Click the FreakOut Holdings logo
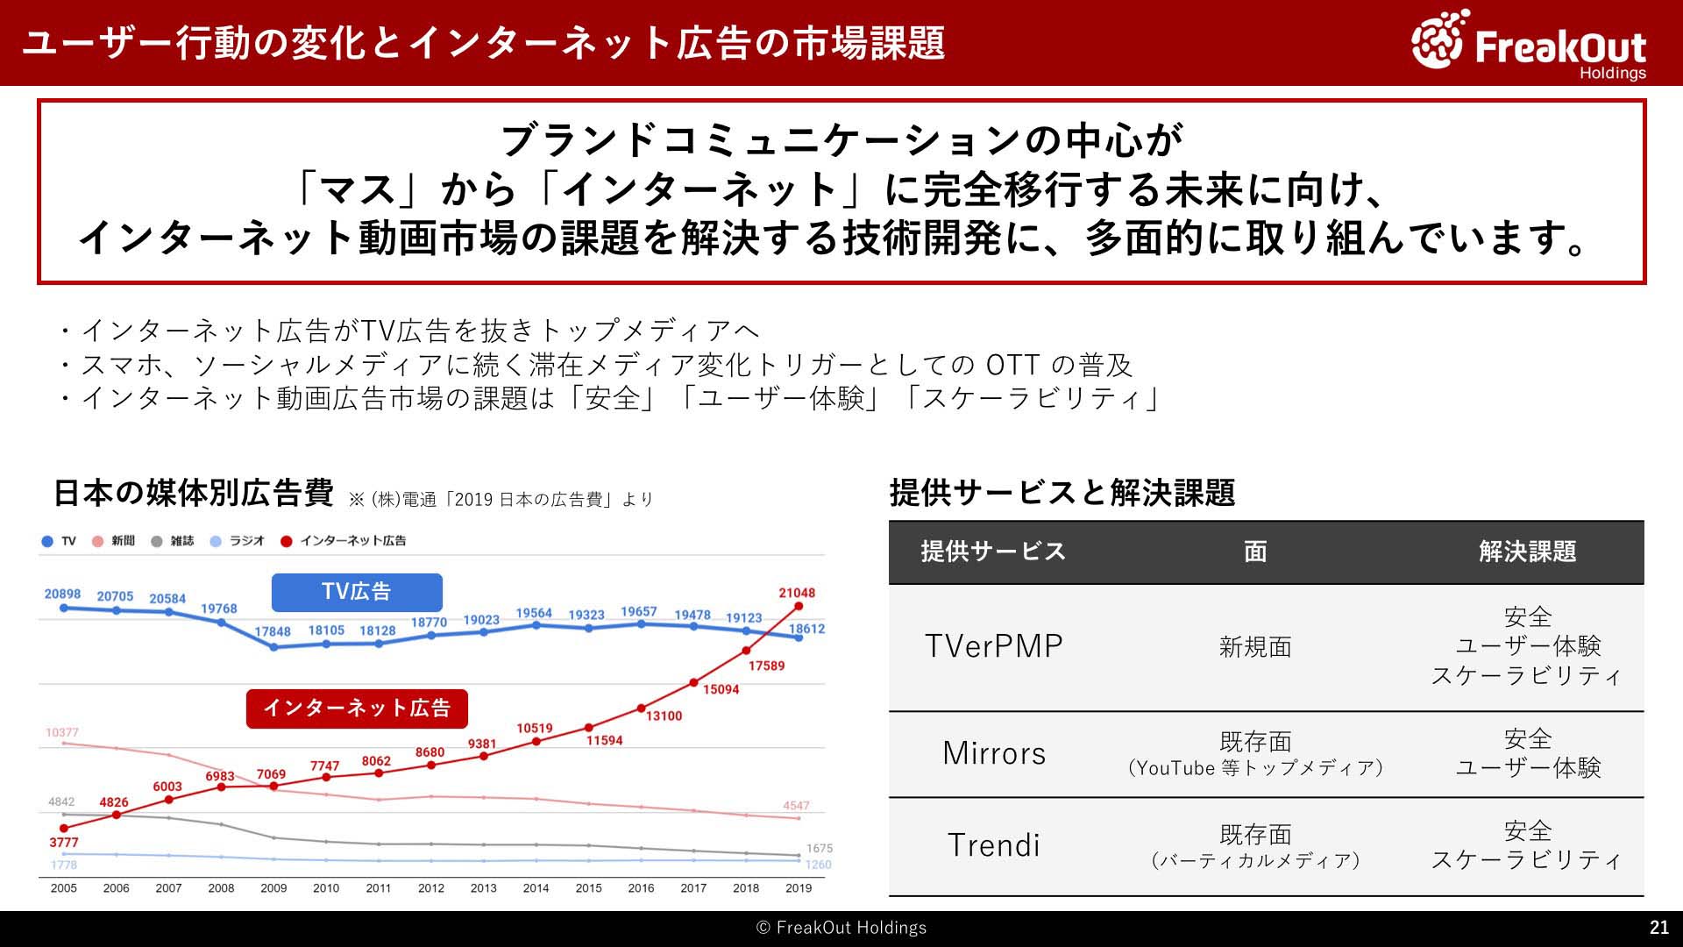click(1529, 44)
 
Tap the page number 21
click(1658, 928)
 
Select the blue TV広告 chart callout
click(357, 592)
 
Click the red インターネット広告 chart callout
click(357, 708)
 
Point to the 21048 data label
click(797, 593)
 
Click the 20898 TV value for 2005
click(63, 594)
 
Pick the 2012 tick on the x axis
click(431, 888)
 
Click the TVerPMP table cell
click(994, 646)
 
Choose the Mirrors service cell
click(994, 753)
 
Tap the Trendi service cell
click(994, 845)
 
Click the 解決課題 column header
click(1528, 552)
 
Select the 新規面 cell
click(1255, 647)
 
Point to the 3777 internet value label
click(64, 843)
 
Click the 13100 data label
click(664, 716)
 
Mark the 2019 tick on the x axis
click(799, 888)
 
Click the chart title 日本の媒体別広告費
click(194, 493)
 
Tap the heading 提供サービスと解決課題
click(1062, 493)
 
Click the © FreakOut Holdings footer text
click(841, 928)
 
